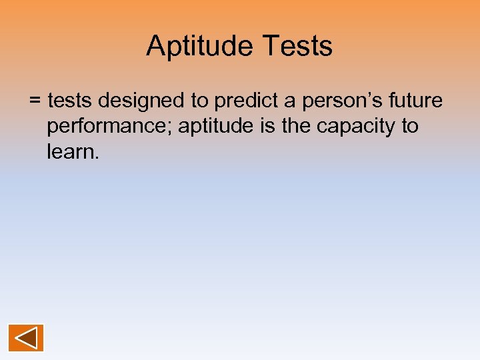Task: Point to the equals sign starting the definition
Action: tap(35, 101)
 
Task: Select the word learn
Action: tap(70, 151)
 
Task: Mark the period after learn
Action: tap(97, 157)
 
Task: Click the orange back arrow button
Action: tap(26, 338)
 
